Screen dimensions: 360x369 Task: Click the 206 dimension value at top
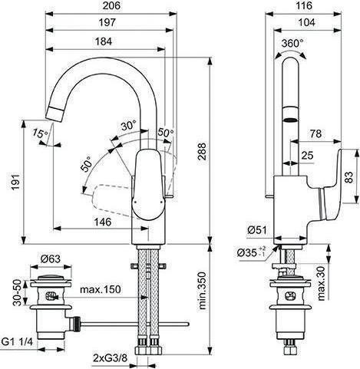coord(111,6)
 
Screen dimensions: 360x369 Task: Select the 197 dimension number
coord(107,23)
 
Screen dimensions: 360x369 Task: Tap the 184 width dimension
coord(104,41)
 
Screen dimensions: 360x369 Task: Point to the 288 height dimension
coord(203,151)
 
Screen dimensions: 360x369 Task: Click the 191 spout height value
coord(16,183)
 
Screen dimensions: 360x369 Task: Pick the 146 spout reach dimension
coord(103,222)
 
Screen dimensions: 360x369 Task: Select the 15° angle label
coord(40,133)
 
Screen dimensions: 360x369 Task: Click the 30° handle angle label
coord(129,126)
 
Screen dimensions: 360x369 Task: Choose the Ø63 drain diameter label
coord(51,259)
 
